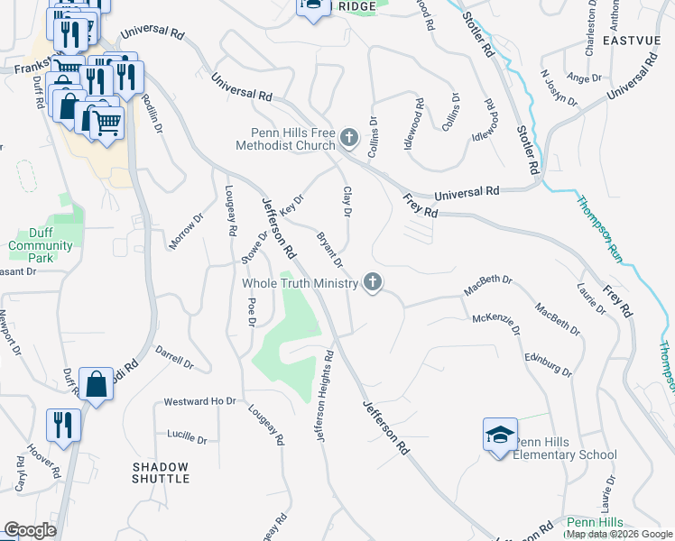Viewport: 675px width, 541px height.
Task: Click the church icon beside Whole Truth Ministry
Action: click(x=372, y=283)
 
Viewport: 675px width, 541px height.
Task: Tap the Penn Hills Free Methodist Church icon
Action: click(x=348, y=140)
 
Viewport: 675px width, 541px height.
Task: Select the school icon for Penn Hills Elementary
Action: click(x=500, y=436)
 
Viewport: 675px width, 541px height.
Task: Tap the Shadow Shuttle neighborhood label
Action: click(x=161, y=472)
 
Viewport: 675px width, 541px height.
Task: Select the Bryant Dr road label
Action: click(x=329, y=250)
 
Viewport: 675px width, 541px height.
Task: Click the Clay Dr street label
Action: click(x=346, y=202)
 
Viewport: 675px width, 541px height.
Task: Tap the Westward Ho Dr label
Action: click(x=199, y=401)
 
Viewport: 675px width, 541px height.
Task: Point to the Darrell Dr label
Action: click(x=174, y=358)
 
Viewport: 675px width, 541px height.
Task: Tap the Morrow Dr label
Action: click(x=187, y=232)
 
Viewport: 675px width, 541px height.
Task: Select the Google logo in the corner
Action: click(x=30, y=530)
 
